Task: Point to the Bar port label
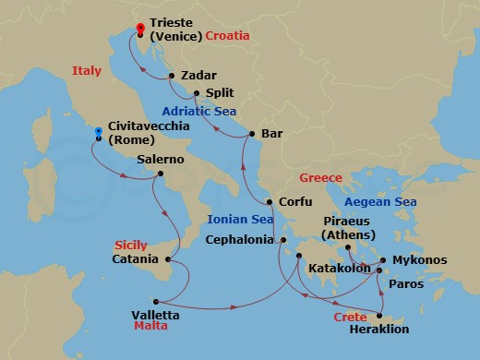272,134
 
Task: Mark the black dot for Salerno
161,173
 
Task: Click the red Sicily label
130,245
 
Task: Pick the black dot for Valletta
156,301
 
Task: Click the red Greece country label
320,178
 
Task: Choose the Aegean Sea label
379,202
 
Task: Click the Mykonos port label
420,260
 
